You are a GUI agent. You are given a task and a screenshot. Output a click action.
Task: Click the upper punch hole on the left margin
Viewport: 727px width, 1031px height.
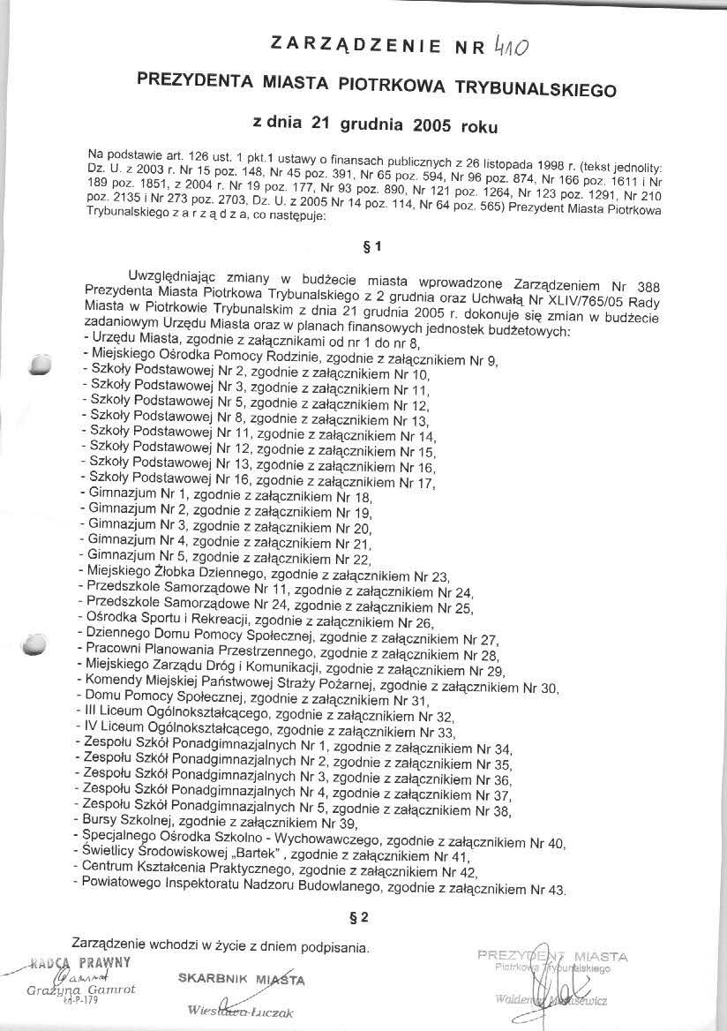pyautogui.click(x=40, y=365)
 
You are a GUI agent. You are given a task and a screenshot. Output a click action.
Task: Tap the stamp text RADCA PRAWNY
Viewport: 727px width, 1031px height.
pyautogui.click(x=80, y=961)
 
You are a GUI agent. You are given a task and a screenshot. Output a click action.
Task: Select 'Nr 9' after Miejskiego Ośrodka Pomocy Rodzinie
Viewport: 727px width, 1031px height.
pyautogui.click(x=484, y=361)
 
